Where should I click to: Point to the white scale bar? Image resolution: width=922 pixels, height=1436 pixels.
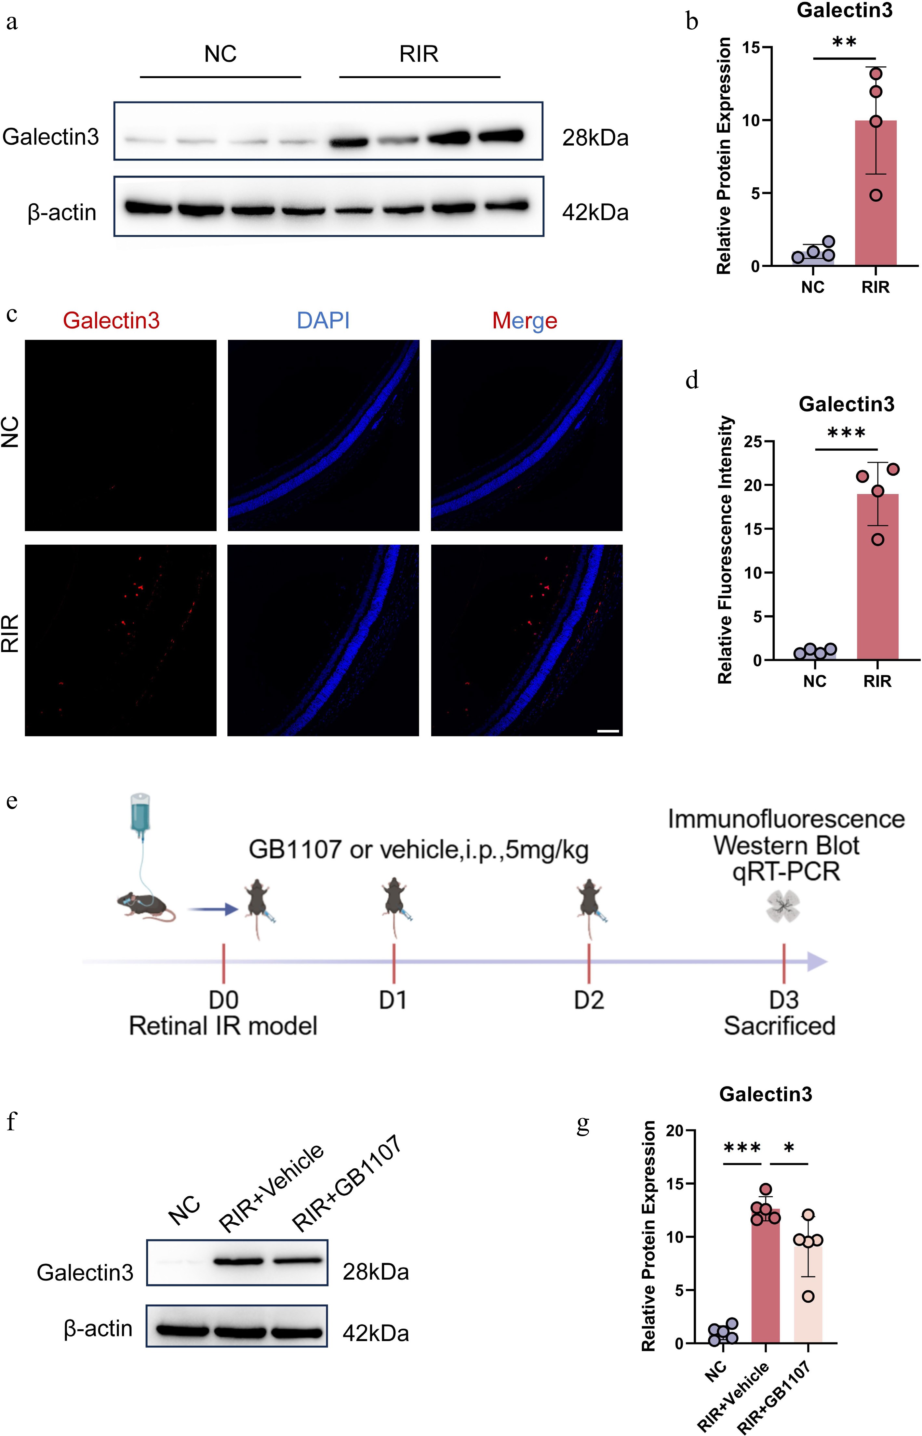coord(608,731)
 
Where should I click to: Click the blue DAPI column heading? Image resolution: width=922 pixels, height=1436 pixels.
coord(323,321)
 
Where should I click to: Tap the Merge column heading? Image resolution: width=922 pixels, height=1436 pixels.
coord(525,321)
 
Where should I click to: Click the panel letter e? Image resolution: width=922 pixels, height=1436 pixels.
coord(12,800)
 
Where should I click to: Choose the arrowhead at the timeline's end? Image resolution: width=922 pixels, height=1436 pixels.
coord(817,962)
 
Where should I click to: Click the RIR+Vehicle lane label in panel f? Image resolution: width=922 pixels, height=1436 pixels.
coord(271,1187)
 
